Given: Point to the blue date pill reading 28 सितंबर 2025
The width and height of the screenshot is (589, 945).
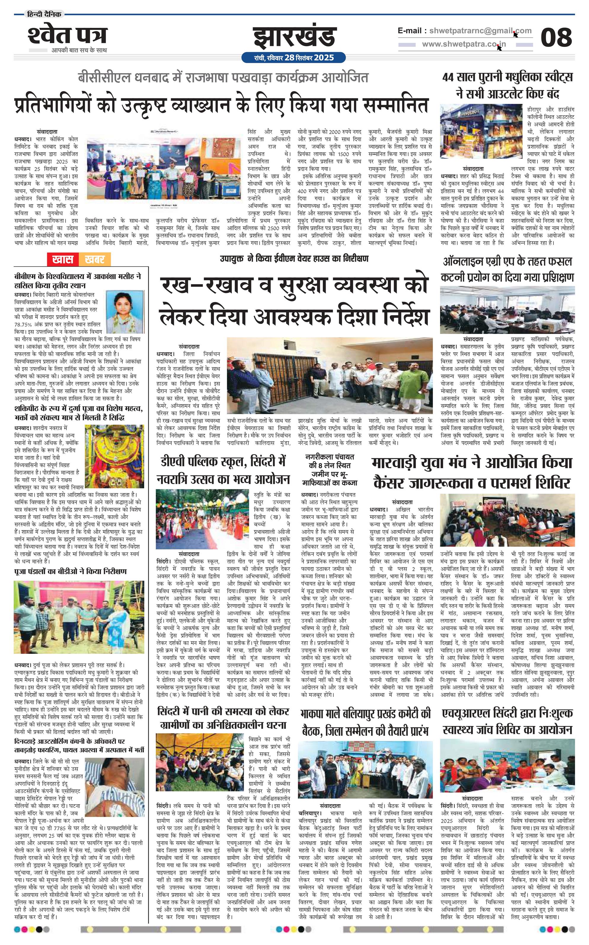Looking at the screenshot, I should click(x=294, y=57).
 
